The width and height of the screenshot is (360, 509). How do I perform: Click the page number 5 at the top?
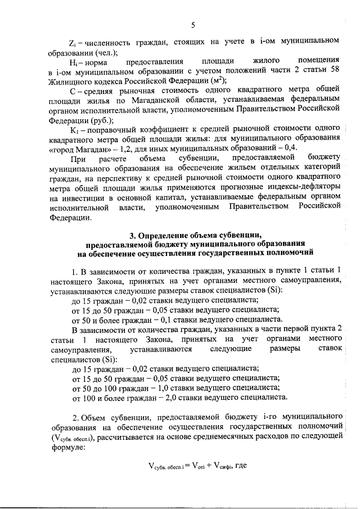coord(193,24)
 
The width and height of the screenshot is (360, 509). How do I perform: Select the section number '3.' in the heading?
coord(133,235)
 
